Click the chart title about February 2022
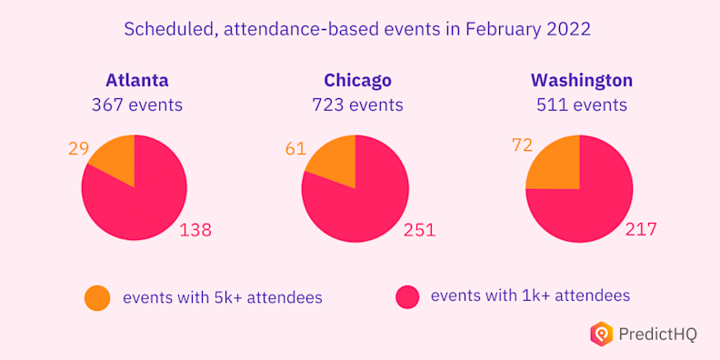click(357, 29)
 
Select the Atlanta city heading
click(136, 80)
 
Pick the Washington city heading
click(582, 80)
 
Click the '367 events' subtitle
click(136, 105)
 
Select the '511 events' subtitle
click(582, 105)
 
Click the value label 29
click(78, 147)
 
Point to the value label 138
click(195, 230)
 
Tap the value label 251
click(419, 230)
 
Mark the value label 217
click(639, 230)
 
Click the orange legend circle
click(97, 297)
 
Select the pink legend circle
click(407, 296)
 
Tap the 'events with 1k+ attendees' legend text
click(530, 295)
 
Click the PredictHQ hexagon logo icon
click(601, 334)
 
